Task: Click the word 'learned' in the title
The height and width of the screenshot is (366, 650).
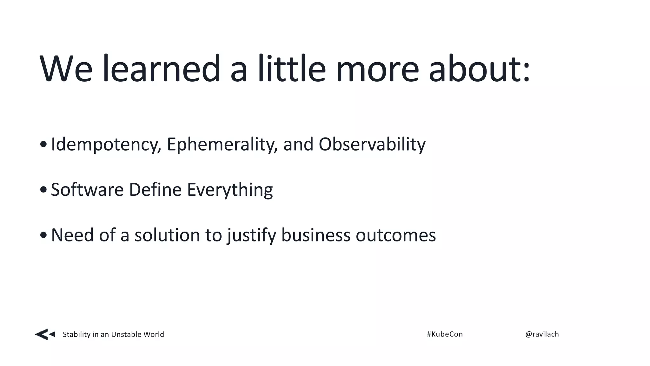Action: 161,69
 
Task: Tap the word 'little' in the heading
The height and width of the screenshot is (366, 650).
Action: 291,69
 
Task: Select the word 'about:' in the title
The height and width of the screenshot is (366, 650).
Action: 479,69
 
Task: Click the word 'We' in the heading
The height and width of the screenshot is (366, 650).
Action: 66,69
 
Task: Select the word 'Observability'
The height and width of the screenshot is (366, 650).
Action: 372,145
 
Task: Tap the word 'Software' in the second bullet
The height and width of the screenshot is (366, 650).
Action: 87,190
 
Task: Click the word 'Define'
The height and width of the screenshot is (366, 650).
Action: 155,190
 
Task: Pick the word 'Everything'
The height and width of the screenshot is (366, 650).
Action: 230,190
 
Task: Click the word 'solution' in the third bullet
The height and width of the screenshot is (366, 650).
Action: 167,235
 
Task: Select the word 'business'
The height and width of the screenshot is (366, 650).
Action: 316,235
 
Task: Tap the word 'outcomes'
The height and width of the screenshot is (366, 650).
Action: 396,235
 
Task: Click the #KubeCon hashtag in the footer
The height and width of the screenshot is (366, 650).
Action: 445,334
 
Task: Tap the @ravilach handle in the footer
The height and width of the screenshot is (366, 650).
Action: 542,334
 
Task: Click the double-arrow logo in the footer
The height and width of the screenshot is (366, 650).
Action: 45,334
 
